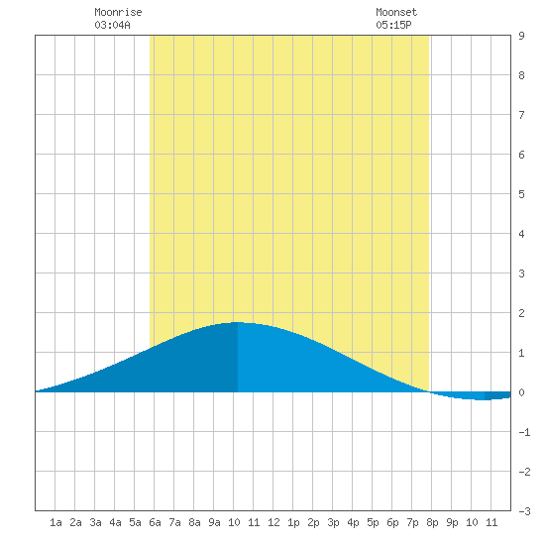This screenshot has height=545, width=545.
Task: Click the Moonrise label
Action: (x=118, y=12)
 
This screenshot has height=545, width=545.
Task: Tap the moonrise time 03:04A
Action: (x=112, y=25)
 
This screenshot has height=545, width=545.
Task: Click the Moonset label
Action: (x=396, y=12)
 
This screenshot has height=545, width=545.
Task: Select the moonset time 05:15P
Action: (x=393, y=25)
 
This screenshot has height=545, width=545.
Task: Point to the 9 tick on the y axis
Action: (x=521, y=36)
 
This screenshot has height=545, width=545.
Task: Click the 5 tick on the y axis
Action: (x=521, y=194)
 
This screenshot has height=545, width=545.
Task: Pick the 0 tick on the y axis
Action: (x=521, y=392)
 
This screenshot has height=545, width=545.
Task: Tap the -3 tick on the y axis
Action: (x=524, y=511)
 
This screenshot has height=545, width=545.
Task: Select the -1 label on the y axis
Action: (x=524, y=432)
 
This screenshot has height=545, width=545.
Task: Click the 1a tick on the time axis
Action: (x=55, y=522)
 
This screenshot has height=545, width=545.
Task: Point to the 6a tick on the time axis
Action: (x=155, y=522)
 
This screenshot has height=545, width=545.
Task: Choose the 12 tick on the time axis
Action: (x=273, y=522)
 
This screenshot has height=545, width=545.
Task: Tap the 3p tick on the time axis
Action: (x=333, y=522)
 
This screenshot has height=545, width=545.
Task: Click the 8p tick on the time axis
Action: (x=432, y=522)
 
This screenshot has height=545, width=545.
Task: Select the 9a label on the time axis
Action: (x=214, y=522)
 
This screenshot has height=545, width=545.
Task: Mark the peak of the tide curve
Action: (x=237, y=322)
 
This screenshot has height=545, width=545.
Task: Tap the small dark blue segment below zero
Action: (x=497, y=395)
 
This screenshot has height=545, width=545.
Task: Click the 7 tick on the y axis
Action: (x=521, y=115)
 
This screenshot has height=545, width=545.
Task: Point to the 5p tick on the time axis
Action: (x=373, y=522)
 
